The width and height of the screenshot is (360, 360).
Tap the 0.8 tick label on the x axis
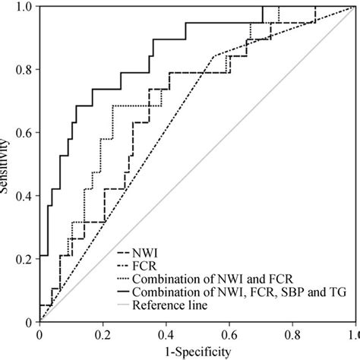(291, 334)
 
